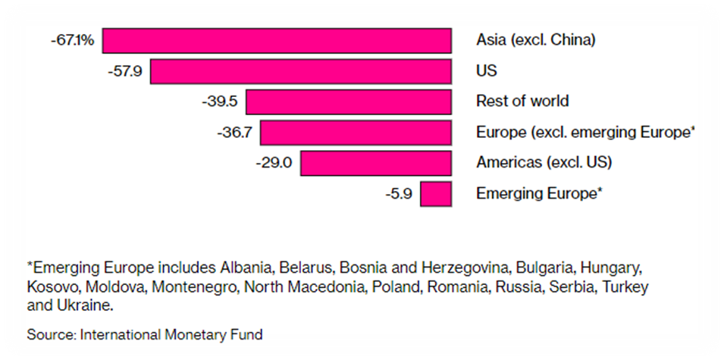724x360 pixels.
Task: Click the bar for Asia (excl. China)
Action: click(x=277, y=40)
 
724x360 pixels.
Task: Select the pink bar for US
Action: click(x=301, y=71)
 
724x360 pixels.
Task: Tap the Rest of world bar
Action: click(x=349, y=102)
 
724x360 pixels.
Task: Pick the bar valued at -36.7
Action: click(x=356, y=133)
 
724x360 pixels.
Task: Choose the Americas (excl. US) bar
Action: click(x=376, y=163)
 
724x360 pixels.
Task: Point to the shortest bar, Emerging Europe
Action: click(x=436, y=194)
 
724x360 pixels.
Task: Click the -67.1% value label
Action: click(x=73, y=40)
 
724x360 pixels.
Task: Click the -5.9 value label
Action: click(x=398, y=194)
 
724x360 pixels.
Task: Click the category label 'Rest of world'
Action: click(x=522, y=102)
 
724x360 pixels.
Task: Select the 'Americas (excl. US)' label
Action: click(x=544, y=163)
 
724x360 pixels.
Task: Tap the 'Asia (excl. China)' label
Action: click(x=536, y=40)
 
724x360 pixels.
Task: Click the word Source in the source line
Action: click(x=49, y=334)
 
